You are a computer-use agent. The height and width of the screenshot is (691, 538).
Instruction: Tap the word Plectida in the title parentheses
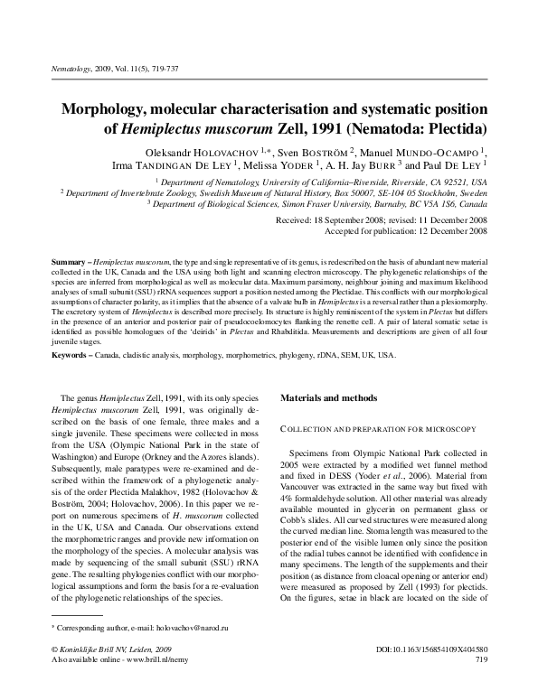(455, 129)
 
